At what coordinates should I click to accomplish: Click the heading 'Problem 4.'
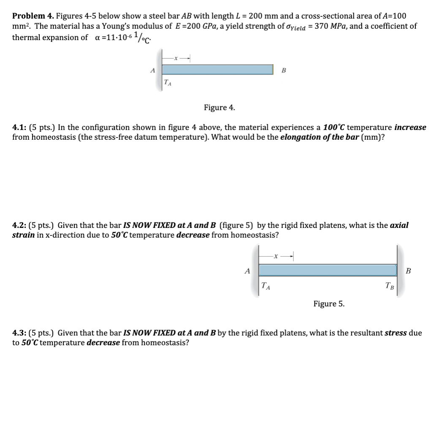pos(33,16)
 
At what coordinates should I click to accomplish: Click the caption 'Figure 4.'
pos(219,108)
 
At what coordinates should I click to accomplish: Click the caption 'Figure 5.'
pos(329,304)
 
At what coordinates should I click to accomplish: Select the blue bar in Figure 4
pos(217,69)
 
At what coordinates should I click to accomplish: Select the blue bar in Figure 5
pos(328,270)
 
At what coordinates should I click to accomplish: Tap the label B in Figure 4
pos(284,70)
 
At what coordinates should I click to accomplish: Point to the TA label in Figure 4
pos(167,83)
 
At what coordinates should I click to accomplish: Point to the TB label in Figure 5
pos(389,287)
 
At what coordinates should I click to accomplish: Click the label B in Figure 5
pos(408,271)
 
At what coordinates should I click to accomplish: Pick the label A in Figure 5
pos(248,271)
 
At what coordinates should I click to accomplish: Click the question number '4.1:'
pos(19,127)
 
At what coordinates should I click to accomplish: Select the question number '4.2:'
pos(19,226)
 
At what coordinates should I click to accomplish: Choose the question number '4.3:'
pos(19,333)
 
